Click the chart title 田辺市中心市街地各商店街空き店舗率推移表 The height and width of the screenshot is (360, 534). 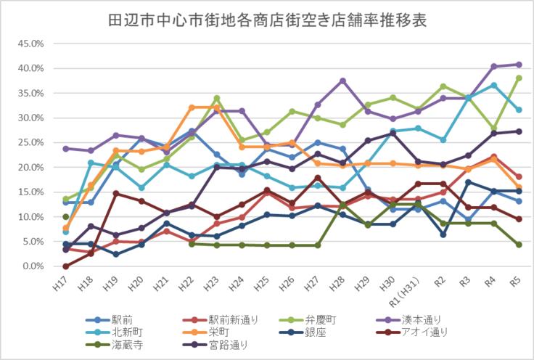coord(266,19)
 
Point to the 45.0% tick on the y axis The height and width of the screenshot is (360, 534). coord(32,44)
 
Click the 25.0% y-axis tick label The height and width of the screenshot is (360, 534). coord(32,142)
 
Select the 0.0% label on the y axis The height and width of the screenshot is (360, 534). coord(35,266)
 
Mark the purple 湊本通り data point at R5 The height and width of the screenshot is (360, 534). coord(518,65)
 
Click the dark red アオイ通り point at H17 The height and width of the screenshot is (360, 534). coord(66,266)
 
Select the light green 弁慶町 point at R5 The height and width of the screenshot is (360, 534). coord(518,78)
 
